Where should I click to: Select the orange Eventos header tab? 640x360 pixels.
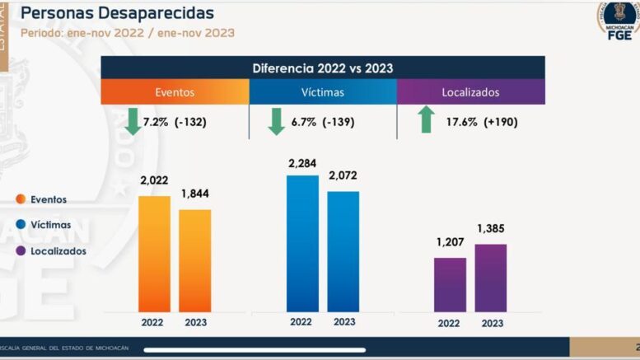tap(175, 92)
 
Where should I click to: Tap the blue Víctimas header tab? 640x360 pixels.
tap(322, 92)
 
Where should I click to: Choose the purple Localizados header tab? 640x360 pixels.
tap(470, 92)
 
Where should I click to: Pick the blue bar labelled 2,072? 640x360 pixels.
tap(343, 251)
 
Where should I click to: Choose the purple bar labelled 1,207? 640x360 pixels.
tap(450, 284)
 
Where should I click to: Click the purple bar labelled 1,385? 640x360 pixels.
tap(491, 278)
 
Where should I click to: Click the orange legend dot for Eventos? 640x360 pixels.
tap(20, 199)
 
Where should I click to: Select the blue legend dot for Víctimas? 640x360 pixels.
tap(20, 224)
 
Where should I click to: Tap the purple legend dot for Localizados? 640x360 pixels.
tap(20, 250)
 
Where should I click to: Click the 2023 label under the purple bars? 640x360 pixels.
tap(492, 324)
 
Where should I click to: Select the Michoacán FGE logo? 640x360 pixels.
tap(618, 23)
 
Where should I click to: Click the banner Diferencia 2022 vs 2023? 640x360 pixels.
tap(322, 68)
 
